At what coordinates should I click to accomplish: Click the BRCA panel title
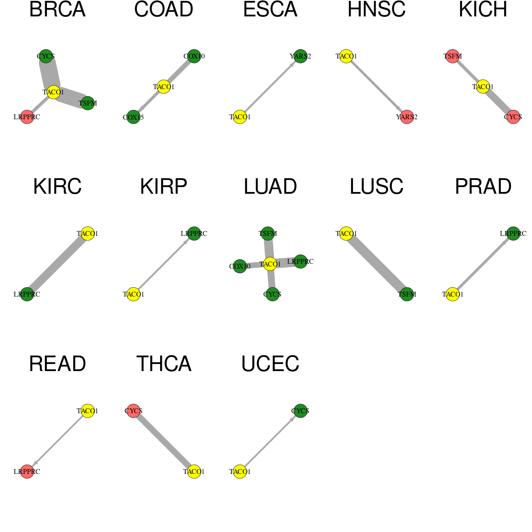point(58,9)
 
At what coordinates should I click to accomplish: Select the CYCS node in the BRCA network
point(46,56)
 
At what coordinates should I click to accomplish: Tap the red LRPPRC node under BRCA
point(27,117)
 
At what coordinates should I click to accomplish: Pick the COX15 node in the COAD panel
point(133,117)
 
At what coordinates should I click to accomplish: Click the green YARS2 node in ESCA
point(301,56)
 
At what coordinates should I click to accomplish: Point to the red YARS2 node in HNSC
point(407,117)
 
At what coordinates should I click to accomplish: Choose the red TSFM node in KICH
point(453,56)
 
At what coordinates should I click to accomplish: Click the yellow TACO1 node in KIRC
point(88,234)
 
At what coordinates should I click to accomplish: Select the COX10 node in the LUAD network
point(240,266)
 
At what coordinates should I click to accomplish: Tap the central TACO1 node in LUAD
point(270,264)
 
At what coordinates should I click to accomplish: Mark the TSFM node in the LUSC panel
point(407,294)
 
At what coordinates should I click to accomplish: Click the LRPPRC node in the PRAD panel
point(513,234)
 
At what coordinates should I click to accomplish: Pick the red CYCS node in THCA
point(133,411)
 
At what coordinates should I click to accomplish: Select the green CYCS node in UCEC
point(301,411)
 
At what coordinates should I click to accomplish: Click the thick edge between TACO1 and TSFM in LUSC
point(376,264)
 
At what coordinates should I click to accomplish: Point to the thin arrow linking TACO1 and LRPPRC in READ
point(58,441)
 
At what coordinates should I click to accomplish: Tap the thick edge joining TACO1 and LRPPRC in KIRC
point(58,264)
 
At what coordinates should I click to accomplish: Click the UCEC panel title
point(270,364)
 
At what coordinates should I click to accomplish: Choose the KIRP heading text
point(164,187)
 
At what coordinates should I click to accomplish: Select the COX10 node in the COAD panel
point(194,56)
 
